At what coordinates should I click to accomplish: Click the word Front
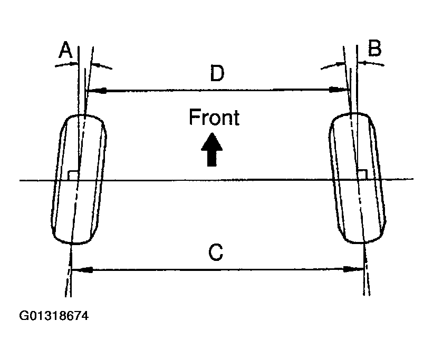coord(214,118)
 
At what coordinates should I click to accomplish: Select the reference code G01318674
coord(53,317)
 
